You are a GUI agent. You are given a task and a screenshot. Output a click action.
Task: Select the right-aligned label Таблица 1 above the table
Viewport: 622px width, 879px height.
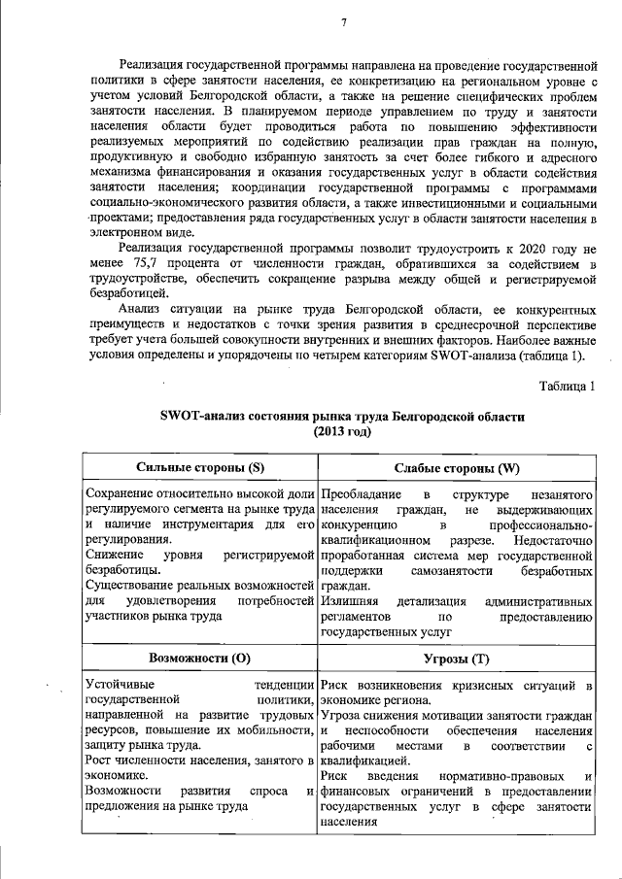567,388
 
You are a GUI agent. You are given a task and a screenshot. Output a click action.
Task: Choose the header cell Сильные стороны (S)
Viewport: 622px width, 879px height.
200,468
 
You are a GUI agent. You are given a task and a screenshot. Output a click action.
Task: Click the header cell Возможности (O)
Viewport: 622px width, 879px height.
200,658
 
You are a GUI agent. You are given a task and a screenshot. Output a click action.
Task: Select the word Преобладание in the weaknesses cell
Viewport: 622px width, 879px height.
362,495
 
